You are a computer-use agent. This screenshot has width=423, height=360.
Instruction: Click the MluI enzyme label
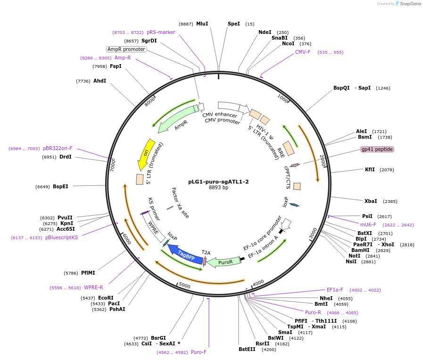coord(202,24)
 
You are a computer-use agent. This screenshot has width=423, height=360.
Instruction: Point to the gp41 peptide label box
coord(377,149)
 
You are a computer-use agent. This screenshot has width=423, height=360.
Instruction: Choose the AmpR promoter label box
coord(126,49)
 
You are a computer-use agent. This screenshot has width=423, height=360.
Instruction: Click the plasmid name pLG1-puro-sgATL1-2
coord(218,181)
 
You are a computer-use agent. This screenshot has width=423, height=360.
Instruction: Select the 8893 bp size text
coord(218,187)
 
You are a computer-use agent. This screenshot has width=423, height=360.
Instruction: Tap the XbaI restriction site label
coord(371,201)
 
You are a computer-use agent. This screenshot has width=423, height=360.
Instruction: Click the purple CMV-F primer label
coord(303,52)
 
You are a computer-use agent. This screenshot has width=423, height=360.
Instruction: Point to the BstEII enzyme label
coord(247,349)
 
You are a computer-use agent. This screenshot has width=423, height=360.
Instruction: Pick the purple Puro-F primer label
coord(199,352)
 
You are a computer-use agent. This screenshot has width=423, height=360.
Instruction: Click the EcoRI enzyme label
coord(106,298)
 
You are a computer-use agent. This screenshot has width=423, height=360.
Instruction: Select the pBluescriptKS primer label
coord(62,237)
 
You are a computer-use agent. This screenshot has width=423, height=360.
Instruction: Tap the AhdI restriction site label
coord(100,81)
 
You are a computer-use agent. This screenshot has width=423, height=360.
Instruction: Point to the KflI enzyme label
coord(370,169)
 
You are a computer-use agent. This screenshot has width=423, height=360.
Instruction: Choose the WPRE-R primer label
coord(93,287)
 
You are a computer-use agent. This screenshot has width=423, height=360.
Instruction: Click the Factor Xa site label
coord(180,203)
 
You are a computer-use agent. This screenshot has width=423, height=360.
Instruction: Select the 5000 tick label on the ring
coord(184,286)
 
